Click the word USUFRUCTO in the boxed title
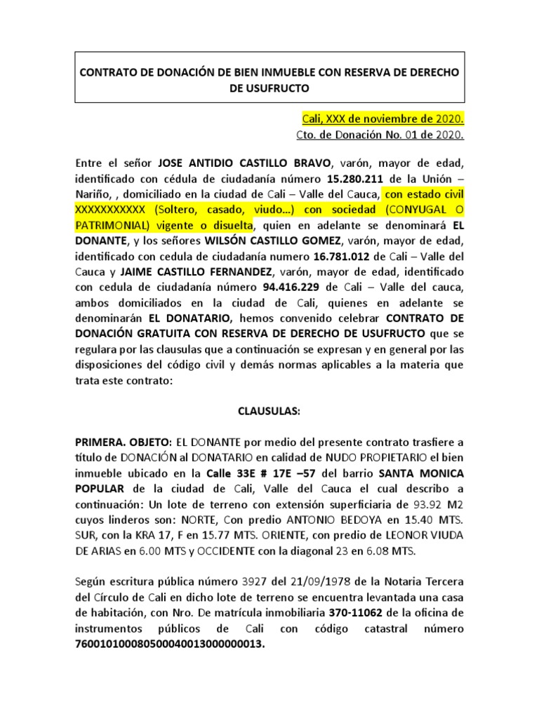[x=269, y=88]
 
